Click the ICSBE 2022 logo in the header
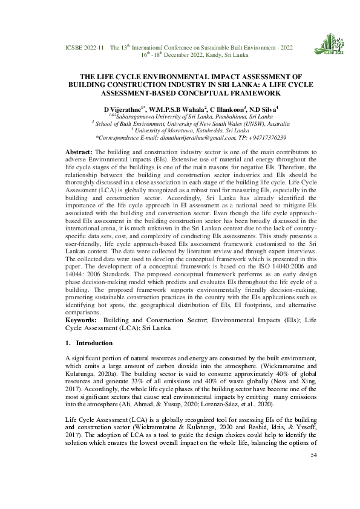(x=328, y=43)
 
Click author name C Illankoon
(x=215, y=108)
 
